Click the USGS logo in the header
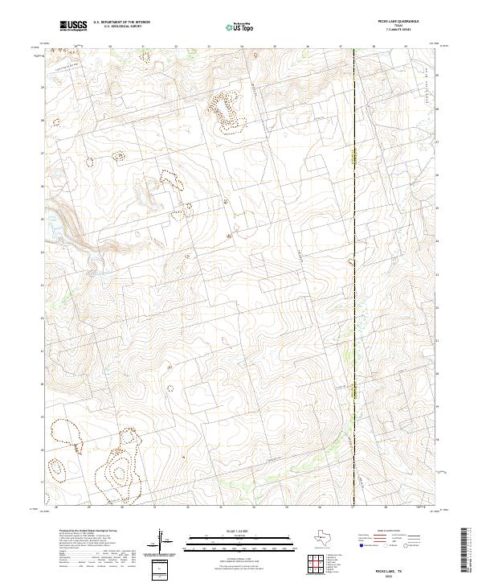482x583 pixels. pyautogui.click(x=73, y=26)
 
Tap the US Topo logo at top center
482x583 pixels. pyautogui.click(x=240, y=27)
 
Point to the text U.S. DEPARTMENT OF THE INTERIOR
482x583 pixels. pyautogui.click(x=121, y=23)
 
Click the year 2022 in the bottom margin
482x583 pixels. pyautogui.click(x=399, y=575)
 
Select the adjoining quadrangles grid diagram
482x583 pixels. pyautogui.click(x=318, y=565)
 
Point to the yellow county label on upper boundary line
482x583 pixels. pyautogui.click(x=353, y=153)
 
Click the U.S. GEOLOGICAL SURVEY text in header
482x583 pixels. pyautogui.click(x=116, y=27)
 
